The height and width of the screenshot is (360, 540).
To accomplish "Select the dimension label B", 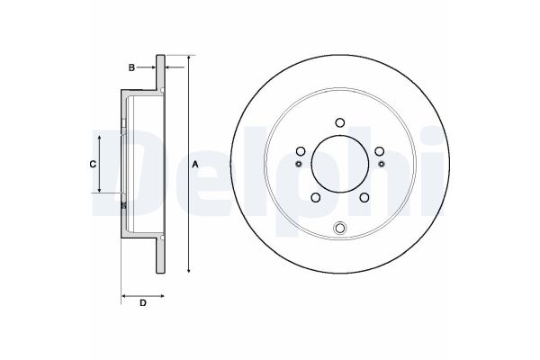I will pyautogui.click(x=130, y=67).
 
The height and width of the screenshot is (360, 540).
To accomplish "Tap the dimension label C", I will pyautogui.click(x=91, y=164).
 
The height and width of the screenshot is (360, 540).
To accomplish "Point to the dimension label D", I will pyautogui.click(x=143, y=302).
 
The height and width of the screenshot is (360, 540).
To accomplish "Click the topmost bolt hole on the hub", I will pyautogui.click(x=339, y=123).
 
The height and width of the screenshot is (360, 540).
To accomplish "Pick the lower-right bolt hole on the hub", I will pyautogui.click(x=364, y=199).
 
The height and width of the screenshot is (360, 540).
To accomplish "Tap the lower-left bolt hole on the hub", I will pyautogui.click(x=315, y=199).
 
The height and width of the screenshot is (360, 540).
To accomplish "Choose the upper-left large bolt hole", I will pyautogui.click(x=300, y=150).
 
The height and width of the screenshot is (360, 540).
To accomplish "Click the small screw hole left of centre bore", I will pyautogui.click(x=297, y=164).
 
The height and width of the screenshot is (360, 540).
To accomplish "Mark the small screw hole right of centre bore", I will pyautogui.click(x=382, y=164).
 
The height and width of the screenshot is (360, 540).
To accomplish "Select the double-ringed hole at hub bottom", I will pyautogui.click(x=339, y=228).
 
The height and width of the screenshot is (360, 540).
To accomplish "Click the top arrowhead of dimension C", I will pyautogui.click(x=98, y=135).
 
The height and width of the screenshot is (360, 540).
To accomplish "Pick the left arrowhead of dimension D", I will pyautogui.click(x=123, y=293).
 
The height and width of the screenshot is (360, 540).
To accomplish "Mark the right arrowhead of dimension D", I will pyautogui.click(x=165, y=293).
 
